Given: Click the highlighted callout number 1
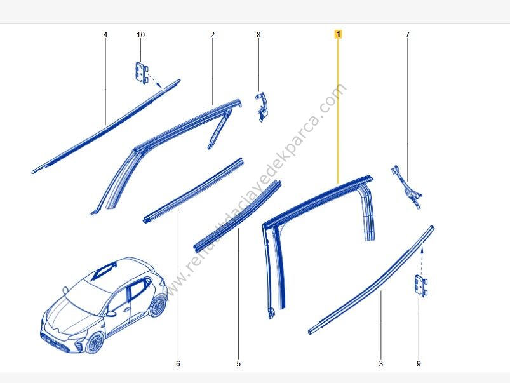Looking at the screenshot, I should click(339, 34).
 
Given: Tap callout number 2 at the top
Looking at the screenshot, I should click(212, 34).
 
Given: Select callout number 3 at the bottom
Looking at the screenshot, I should click(380, 364).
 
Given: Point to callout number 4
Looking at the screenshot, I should click(105, 34).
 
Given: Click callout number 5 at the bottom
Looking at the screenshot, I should click(239, 364).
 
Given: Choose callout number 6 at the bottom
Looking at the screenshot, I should click(178, 364).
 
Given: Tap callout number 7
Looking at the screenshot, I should click(408, 34).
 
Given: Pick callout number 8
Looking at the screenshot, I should click(258, 34).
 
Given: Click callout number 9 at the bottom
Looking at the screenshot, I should click(419, 364).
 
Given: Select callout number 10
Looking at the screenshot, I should click(140, 34).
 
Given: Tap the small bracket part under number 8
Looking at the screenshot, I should click(260, 105).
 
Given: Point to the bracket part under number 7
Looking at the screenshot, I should click(406, 185).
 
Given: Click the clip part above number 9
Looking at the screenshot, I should click(420, 285).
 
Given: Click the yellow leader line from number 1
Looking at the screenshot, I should click(339, 108).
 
